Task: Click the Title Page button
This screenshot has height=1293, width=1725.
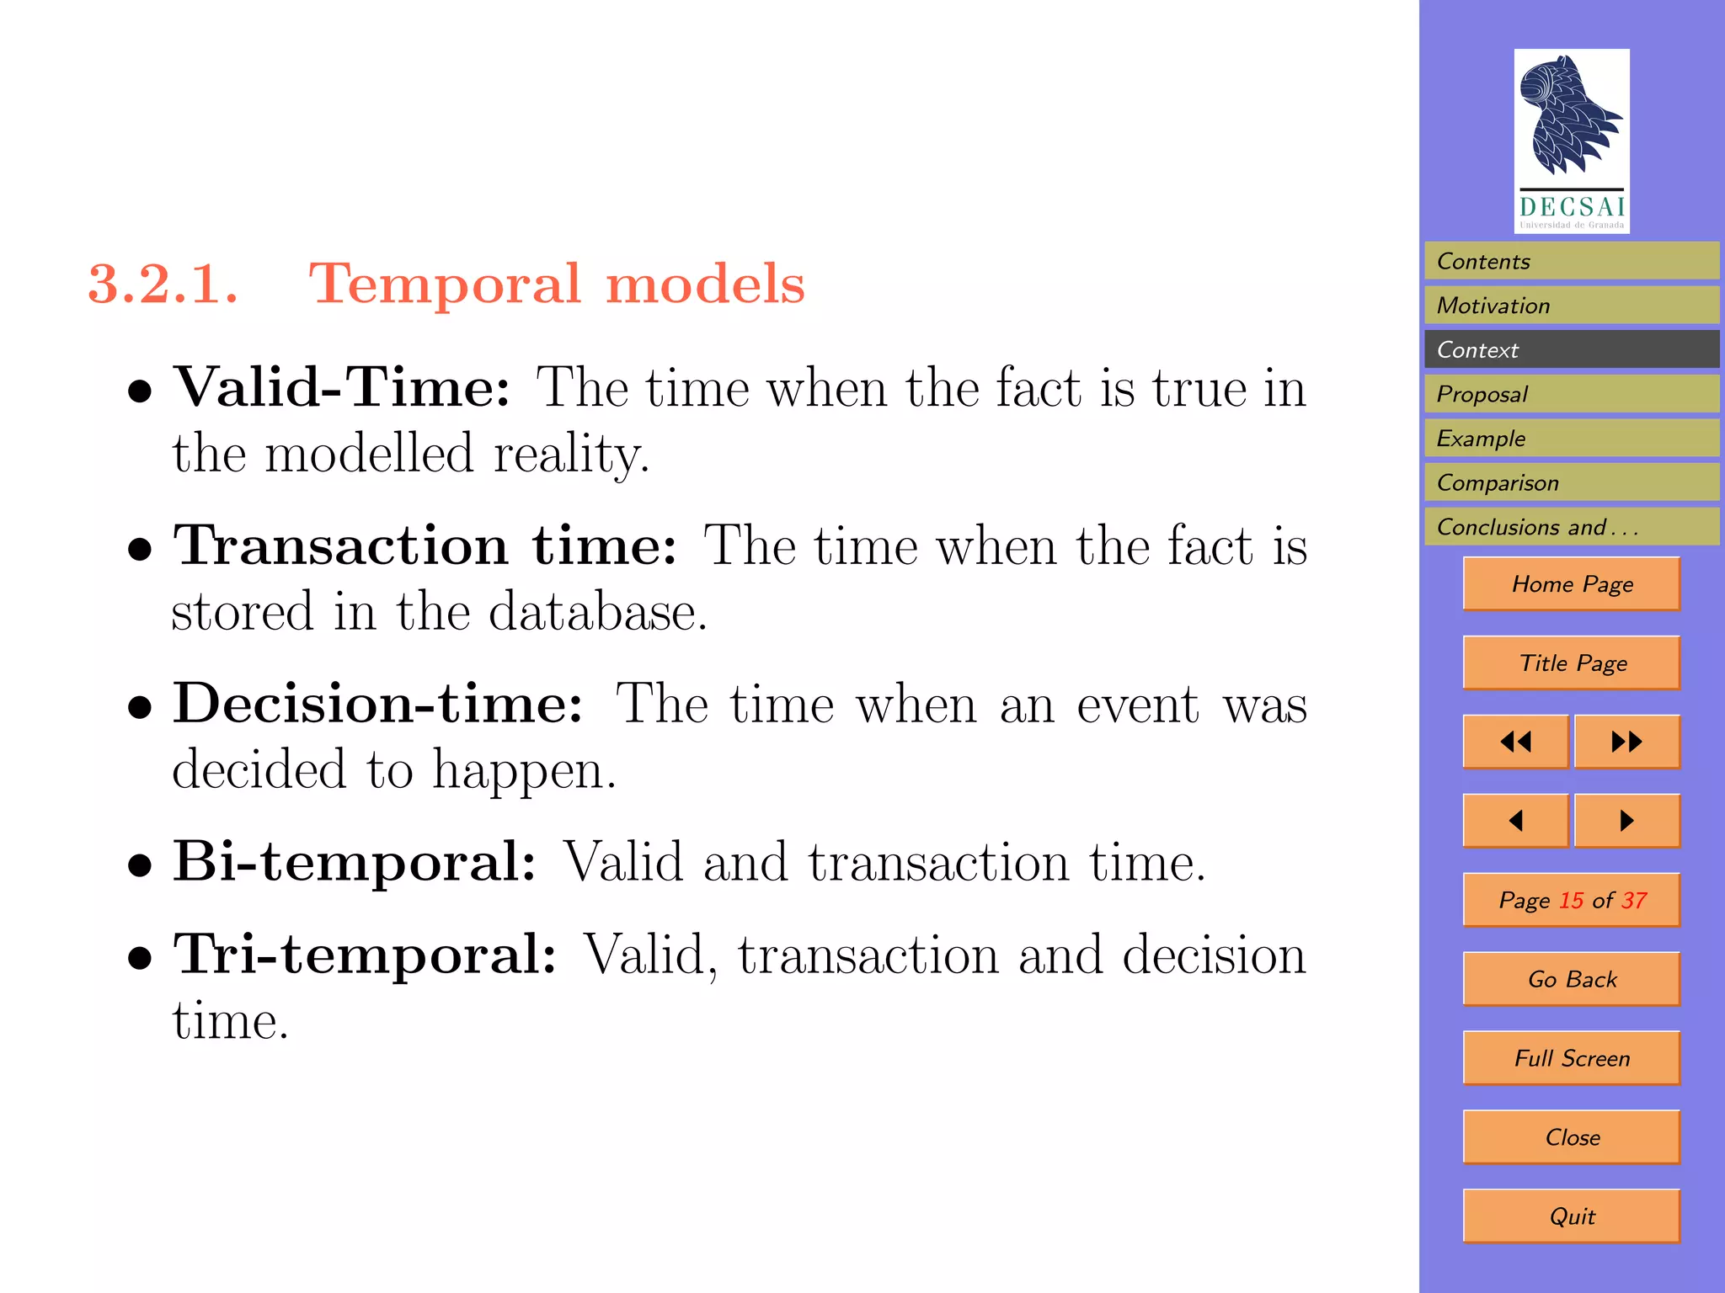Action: (x=1572, y=663)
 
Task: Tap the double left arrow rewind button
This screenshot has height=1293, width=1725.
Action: (x=1515, y=742)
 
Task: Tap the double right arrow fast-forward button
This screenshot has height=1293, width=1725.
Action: (x=1626, y=742)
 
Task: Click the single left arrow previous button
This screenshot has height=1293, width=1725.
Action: (x=1515, y=821)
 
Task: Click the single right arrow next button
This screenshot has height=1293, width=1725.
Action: (x=1626, y=821)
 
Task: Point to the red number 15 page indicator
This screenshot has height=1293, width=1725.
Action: (x=1571, y=901)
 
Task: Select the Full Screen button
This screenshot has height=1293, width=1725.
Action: (x=1572, y=1058)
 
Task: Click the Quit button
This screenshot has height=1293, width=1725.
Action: (x=1572, y=1216)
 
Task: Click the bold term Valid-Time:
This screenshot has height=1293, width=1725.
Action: (x=341, y=388)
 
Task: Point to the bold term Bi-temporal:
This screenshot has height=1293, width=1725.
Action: (x=355, y=862)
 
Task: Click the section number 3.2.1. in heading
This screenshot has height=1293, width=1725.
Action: (x=163, y=284)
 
